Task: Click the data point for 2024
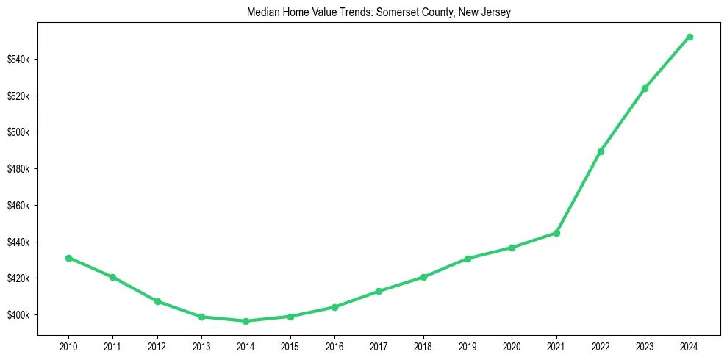[x=690, y=37]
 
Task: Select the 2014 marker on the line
[x=246, y=321]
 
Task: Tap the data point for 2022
[x=601, y=151]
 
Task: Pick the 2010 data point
[x=68, y=258]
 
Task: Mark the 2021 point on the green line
[x=556, y=233]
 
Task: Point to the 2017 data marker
[x=379, y=291]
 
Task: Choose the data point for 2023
[x=645, y=88]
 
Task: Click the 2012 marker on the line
[x=157, y=301]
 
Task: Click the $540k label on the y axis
[x=38, y=60]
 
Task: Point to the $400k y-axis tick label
[x=38, y=315]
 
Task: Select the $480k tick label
[x=38, y=169]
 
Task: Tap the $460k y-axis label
[x=38, y=206]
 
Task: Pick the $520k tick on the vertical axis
[x=38, y=96]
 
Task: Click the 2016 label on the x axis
[x=334, y=345]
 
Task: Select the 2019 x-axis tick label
[x=468, y=345]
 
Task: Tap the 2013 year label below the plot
[x=201, y=345]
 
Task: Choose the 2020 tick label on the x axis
[x=512, y=345]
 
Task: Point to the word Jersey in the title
[x=506, y=12]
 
